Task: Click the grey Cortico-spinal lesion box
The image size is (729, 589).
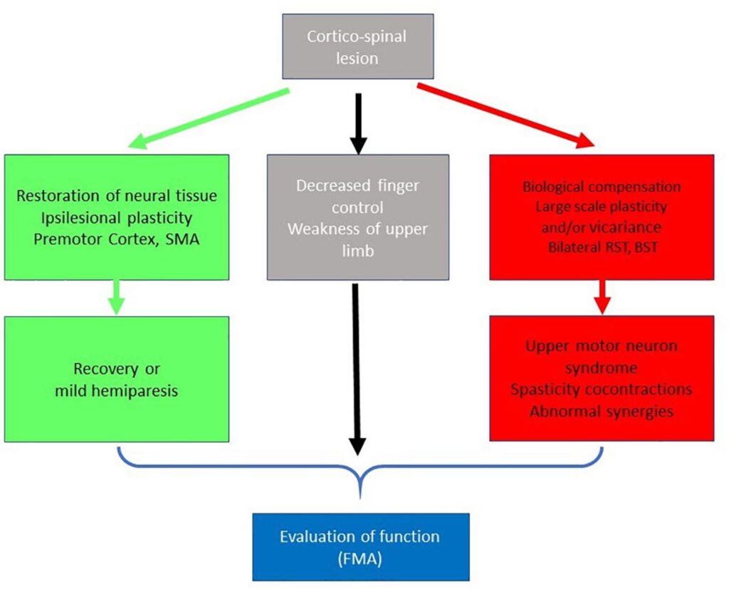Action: pyautogui.click(x=357, y=46)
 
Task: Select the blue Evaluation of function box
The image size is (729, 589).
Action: pyautogui.click(x=361, y=546)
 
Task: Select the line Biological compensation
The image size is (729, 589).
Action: pyautogui.click(x=602, y=187)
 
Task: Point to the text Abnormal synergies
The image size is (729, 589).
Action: pyautogui.click(x=602, y=411)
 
